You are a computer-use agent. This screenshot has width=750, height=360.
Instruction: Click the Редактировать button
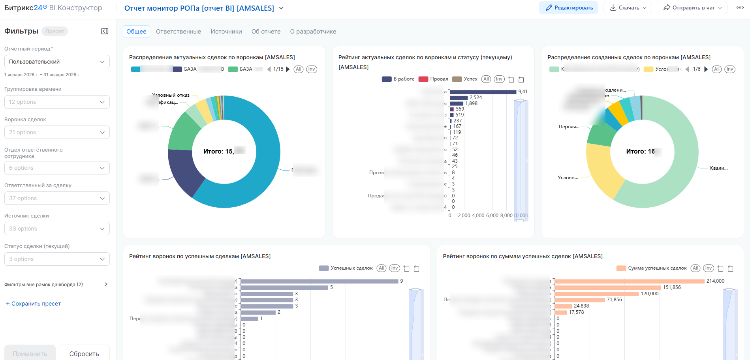[569, 8]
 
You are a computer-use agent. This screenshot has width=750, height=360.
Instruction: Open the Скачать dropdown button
[628, 8]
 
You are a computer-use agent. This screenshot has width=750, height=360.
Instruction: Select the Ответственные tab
[179, 32]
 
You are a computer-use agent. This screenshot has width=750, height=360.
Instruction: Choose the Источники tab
[226, 32]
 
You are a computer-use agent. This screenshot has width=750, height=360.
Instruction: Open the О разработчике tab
[313, 32]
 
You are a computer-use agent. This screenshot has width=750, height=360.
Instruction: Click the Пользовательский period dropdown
[57, 62]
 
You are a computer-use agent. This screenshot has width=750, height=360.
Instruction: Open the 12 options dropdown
[57, 102]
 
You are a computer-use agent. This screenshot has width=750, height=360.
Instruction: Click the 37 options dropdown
[57, 198]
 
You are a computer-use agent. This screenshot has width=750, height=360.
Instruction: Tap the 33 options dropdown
[57, 229]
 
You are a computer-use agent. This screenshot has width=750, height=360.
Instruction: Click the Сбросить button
[84, 354]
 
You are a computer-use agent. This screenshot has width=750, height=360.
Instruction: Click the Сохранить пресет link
[34, 304]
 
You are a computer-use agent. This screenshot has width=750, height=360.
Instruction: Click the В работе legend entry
[398, 79]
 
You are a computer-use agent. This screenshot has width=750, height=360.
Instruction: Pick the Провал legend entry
[434, 79]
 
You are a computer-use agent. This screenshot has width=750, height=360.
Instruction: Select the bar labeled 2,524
[459, 97]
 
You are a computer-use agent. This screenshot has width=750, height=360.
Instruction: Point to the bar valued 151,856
[607, 287]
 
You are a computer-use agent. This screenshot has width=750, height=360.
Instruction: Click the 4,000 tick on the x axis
[478, 216]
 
